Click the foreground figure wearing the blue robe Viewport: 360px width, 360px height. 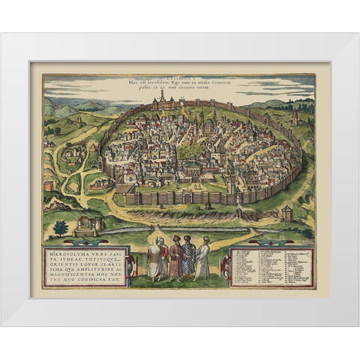188,259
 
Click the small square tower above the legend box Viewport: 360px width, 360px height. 286,214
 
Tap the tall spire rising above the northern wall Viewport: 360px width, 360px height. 161,99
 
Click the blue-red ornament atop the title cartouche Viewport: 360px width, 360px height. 86,241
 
